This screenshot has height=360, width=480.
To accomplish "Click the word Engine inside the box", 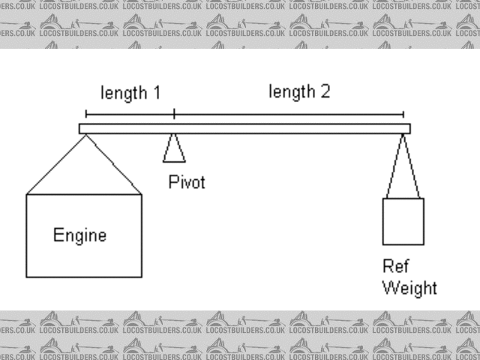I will click(x=79, y=235).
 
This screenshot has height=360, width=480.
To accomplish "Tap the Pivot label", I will click(x=186, y=182).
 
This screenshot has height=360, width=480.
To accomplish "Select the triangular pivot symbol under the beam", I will click(x=174, y=148).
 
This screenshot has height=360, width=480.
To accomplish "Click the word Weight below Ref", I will click(x=409, y=287).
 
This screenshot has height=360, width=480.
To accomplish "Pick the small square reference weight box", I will click(x=403, y=221).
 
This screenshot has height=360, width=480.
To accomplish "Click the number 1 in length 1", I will click(x=156, y=93).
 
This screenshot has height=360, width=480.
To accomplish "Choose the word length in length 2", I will click(x=291, y=92).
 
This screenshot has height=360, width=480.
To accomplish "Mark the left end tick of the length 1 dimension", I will click(x=86, y=114).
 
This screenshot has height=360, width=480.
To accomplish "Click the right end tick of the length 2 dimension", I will click(x=403, y=114).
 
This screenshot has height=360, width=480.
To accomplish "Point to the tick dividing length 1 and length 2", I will click(x=174, y=114).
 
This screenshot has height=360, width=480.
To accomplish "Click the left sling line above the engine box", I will click(x=56, y=164).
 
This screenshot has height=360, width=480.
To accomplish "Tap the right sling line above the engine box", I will click(x=112, y=164).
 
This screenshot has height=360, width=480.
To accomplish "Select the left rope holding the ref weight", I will click(x=395, y=166).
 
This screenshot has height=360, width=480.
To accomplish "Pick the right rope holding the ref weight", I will click(x=411, y=166).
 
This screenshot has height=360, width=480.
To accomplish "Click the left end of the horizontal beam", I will click(x=81, y=128).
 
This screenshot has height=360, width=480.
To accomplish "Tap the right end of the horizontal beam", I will click(x=408, y=128).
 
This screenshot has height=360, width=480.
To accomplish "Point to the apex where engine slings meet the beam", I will click(x=85, y=134).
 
